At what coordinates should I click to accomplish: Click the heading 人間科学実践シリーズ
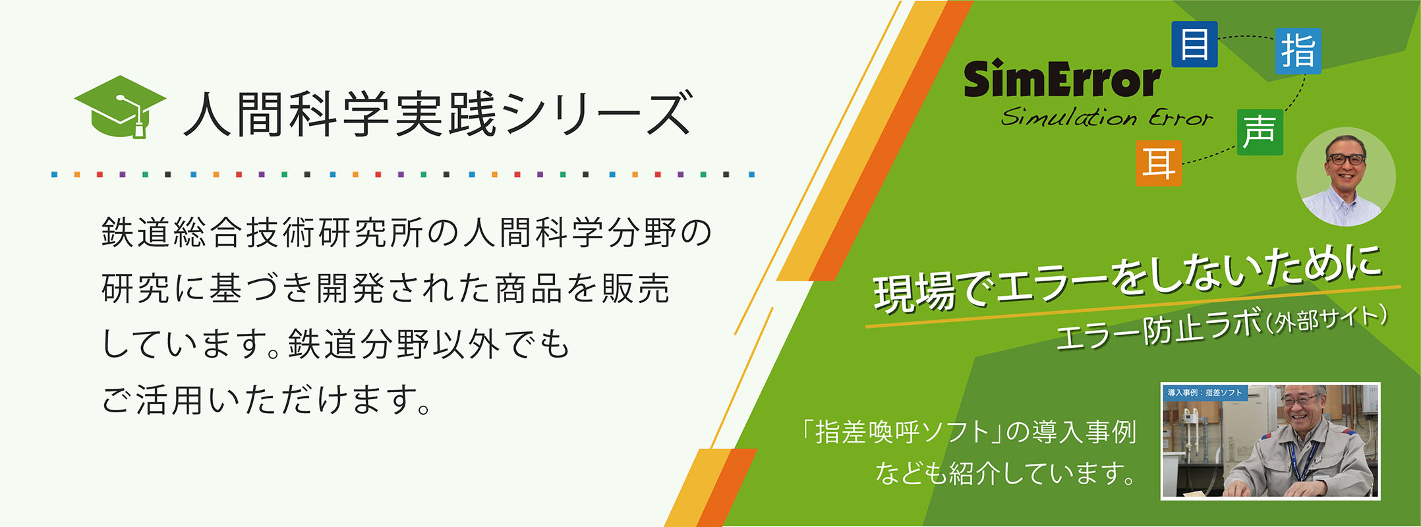coord(438,114)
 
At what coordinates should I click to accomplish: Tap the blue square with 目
coord(1194,44)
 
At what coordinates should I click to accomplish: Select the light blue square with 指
coord(1298,51)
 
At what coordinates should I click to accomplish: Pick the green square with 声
coord(1260,132)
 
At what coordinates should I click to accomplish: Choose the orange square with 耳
coord(1159,163)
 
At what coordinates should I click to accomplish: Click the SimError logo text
coord(1062,79)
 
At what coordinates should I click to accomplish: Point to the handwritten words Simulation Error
coord(1107,117)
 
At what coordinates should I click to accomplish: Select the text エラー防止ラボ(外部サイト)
coord(1221,328)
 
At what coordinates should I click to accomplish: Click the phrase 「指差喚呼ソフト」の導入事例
coord(968,432)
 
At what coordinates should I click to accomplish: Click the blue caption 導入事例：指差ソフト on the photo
coord(1204,393)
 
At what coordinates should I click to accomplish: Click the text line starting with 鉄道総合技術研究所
coord(407,233)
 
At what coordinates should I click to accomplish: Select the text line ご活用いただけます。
coord(267,400)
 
